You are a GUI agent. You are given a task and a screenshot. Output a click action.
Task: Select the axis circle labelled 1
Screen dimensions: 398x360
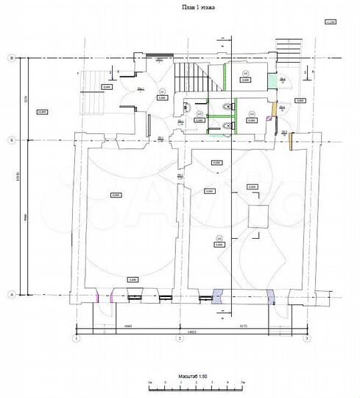click(75, 338)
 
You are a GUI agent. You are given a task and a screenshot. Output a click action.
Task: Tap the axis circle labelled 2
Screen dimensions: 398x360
click(178, 338)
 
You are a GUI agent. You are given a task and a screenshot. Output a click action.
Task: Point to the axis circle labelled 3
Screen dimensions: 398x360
click(308, 338)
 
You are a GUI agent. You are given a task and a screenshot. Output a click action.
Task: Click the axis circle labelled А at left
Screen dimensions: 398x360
click(11, 293)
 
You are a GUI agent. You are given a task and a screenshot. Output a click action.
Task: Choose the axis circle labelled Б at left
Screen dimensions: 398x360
click(11, 139)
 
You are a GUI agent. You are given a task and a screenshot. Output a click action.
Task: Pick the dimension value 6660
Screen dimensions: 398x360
click(127, 325)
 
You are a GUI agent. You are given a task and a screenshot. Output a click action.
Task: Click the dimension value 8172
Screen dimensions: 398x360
click(243, 325)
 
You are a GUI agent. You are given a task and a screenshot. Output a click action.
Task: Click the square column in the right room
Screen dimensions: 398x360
click(258, 217)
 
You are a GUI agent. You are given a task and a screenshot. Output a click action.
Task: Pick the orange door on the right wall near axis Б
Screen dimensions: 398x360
click(292, 139)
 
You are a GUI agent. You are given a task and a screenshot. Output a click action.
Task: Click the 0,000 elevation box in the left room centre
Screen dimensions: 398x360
click(116, 195)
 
